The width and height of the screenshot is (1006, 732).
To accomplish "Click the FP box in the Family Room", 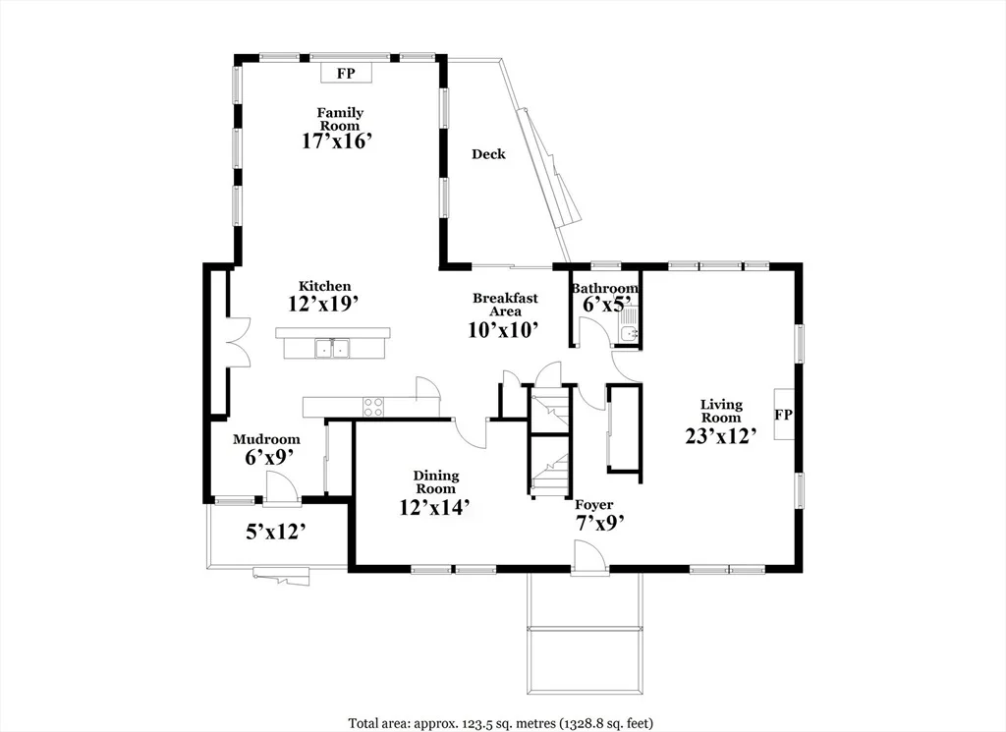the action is (347, 73).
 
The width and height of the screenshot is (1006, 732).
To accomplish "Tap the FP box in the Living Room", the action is (783, 415).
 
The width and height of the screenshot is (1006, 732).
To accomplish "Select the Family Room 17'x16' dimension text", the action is (338, 141).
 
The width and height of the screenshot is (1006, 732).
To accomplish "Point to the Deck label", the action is (489, 154).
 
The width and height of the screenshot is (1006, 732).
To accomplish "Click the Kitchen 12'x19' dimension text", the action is (323, 304).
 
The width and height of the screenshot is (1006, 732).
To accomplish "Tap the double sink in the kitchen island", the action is (332, 349).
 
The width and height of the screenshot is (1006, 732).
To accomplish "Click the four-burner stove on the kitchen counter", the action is (373, 407).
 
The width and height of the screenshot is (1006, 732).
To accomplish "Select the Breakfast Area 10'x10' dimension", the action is (503, 330).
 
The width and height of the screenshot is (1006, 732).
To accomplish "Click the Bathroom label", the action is (605, 289).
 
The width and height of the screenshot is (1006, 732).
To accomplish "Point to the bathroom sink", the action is (629, 332).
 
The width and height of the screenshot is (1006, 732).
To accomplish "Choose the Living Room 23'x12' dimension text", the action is (721, 436).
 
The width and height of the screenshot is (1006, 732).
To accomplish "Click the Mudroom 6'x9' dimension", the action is (269, 457).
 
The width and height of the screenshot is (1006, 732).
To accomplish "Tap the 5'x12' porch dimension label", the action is (275, 532).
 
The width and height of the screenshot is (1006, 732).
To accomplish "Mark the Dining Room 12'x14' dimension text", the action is (435, 507).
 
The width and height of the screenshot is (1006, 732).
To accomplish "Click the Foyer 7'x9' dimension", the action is (600, 523).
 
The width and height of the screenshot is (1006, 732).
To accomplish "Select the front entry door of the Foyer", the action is (589, 555).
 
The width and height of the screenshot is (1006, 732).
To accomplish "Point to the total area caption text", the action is (501, 723).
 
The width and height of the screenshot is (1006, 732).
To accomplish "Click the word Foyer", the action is (593, 505).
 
